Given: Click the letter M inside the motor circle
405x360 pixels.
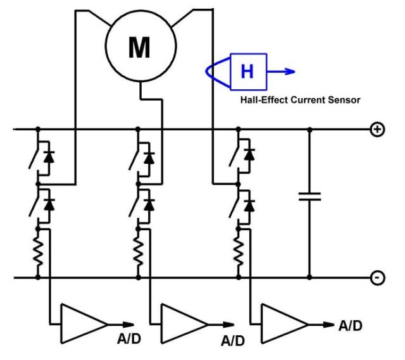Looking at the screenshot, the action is coord(139,47).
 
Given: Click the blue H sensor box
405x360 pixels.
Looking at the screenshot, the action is coord(249,71).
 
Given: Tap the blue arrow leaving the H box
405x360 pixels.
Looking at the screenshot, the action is coord(281,71).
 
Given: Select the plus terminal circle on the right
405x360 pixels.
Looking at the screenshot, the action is coord(378,129).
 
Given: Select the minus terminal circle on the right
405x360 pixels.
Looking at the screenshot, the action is coord(378,278).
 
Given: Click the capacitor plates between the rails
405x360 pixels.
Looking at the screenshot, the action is coord(309,197).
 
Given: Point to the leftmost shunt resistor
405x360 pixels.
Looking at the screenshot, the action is coord(38,252).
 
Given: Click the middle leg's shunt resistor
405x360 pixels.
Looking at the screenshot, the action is coord(138,252).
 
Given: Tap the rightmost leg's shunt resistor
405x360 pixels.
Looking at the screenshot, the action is coord(238,252).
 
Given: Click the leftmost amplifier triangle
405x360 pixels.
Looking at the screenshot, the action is coord(84,324).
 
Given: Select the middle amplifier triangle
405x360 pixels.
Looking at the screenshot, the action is coord(184,324).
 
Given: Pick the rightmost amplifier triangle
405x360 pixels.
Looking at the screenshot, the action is coord(285,324).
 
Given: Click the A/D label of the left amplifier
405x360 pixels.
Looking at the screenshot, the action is coord(129,339).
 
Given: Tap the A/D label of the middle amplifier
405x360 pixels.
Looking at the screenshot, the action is coord(233,341).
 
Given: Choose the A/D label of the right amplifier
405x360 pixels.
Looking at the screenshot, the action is coord(350,326).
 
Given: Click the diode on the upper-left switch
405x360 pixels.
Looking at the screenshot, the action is coord(49,158).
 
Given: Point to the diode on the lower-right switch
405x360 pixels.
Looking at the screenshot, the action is coord(249,206).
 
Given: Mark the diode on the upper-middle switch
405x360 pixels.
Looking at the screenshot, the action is coord(149,158).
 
